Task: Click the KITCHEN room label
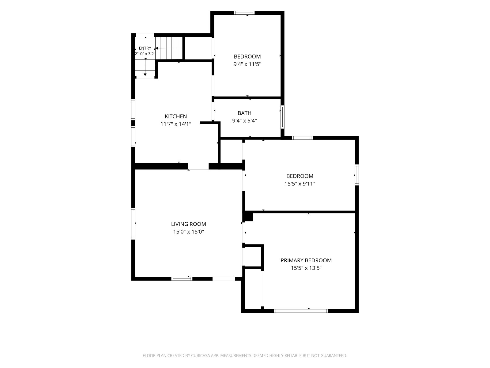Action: (x=176, y=116)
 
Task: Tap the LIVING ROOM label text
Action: (x=188, y=224)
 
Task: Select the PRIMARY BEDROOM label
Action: (x=306, y=260)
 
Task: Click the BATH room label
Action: (x=244, y=113)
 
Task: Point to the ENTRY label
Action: (x=145, y=48)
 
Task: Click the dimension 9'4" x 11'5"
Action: (x=247, y=64)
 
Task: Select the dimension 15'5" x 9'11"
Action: (x=300, y=184)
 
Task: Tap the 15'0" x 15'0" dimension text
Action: (x=189, y=232)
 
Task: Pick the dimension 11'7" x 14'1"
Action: (x=176, y=124)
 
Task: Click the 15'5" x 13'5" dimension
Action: (x=306, y=268)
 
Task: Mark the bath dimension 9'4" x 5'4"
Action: (x=244, y=121)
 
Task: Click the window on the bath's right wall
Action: (x=282, y=117)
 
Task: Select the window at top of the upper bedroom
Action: (x=244, y=13)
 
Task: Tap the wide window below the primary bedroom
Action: (x=301, y=311)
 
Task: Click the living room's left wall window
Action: (x=133, y=224)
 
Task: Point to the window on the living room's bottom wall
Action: (x=182, y=279)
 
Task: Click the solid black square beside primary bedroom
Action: (x=248, y=217)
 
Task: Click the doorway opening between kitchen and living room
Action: (x=198, y=166)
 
